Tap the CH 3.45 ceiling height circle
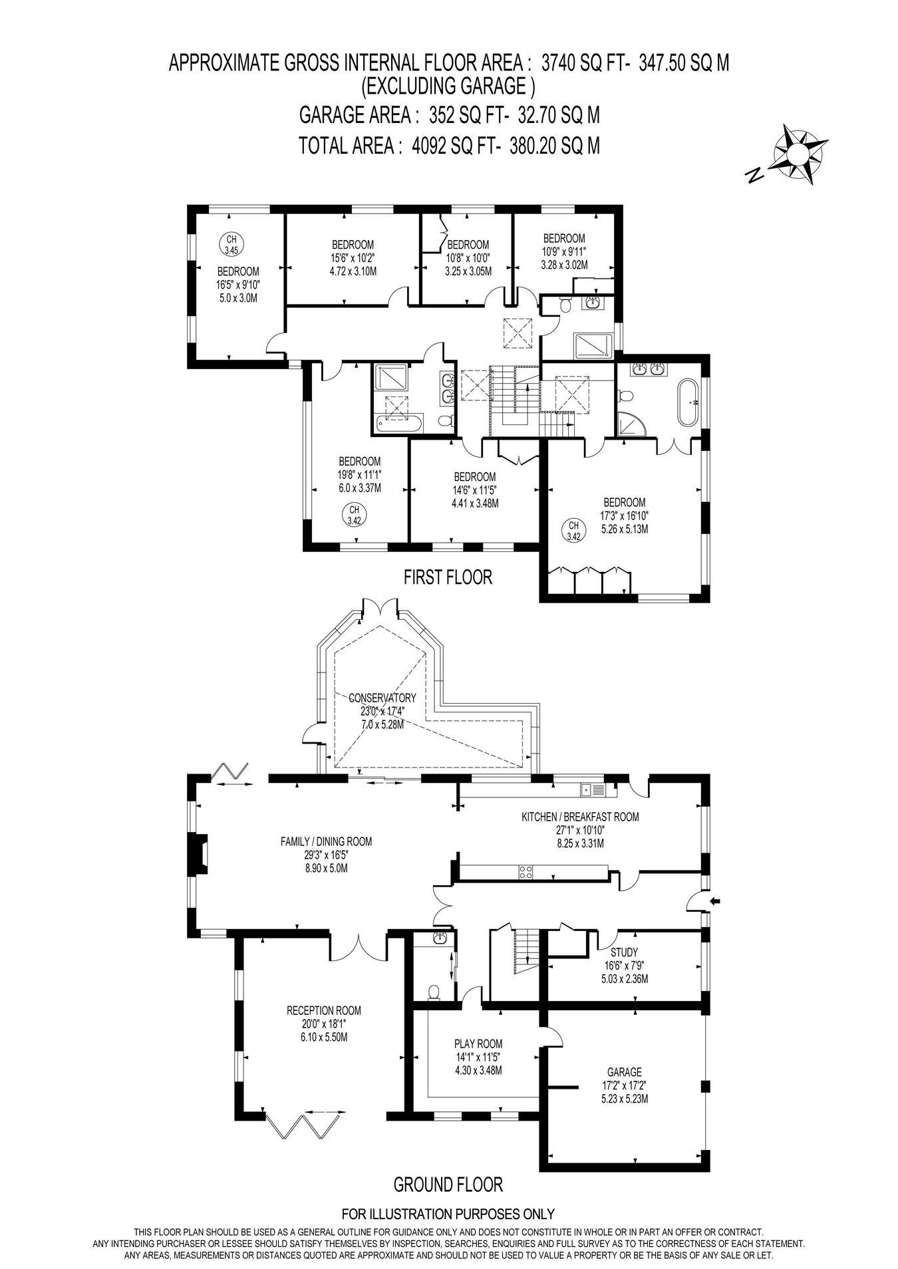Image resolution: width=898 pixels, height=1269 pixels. (x=231, y=244)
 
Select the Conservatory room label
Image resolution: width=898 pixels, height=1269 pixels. (x=382, y=698)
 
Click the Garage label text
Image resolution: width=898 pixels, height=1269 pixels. (x=625, y=1072)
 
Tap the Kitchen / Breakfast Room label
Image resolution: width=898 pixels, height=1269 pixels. (x=580, y=817)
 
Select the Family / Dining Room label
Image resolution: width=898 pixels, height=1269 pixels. (x=326, y=841)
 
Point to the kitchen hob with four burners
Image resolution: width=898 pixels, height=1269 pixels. (x=525, y=873)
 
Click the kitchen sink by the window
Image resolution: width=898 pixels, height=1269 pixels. (x=592, y=789)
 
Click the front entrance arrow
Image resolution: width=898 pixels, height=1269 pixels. (x=716, y=901)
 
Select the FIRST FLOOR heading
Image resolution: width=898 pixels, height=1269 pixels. (x=448, y=577)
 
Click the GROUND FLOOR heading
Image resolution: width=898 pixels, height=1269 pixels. (x=448, y=1185)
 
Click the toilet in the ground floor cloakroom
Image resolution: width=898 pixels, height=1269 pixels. (x=434, y=992)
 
